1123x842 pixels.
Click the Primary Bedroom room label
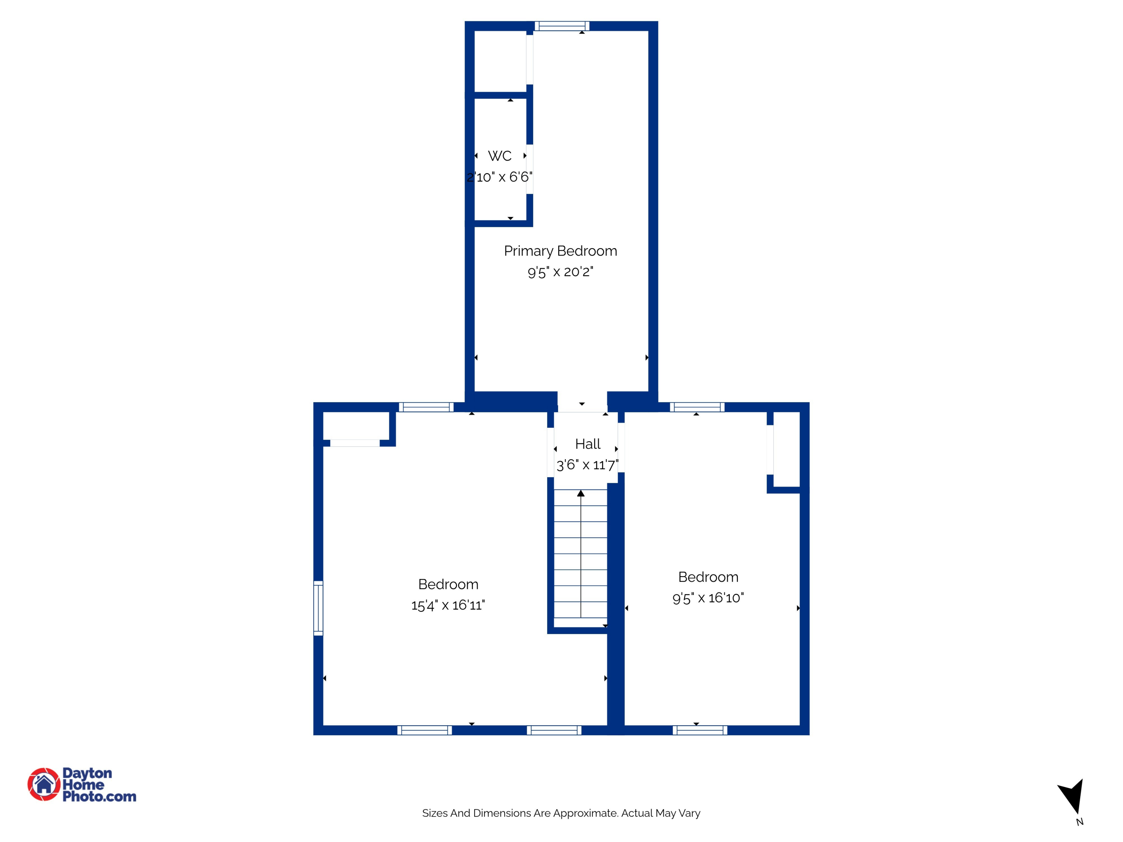560,251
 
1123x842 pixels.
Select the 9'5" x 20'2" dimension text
560,272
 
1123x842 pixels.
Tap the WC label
500,156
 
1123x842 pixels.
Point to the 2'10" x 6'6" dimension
500,177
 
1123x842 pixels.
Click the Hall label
588,444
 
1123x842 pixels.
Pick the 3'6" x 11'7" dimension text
587,465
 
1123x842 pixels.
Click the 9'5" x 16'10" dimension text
708,598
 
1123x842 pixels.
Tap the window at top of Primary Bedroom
562,26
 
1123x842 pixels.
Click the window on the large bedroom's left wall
318,608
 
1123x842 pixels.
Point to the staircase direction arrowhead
581,493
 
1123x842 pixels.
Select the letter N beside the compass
1080,822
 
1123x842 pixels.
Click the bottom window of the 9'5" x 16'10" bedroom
700,730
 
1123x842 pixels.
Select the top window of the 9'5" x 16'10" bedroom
697,407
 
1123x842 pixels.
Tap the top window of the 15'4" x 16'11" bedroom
426,407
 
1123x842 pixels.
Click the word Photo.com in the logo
100,797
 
